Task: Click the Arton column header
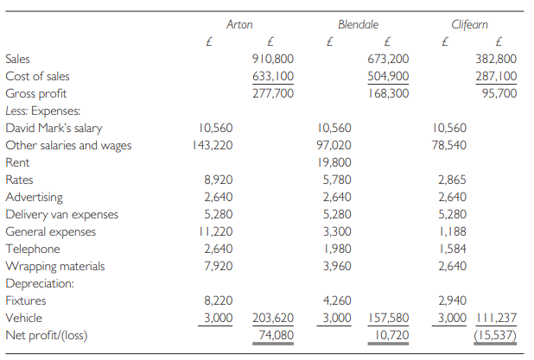(x=239, y=25)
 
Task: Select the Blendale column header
(x=359, y=25)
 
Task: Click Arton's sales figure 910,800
(x=270, y=60)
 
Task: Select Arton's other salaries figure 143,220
(x=212, y=145)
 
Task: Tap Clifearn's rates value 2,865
(x=450, y=180)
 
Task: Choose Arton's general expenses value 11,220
(x=213, y=231)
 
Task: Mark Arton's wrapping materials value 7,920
(x=216, y=266)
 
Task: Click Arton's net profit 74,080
(x=273, y=334)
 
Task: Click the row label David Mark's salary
(x=54, y=128)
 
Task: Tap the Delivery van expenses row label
(x=63, y=214)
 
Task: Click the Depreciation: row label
(x=40, y=283)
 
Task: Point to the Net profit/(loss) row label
(x=48, y=334)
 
